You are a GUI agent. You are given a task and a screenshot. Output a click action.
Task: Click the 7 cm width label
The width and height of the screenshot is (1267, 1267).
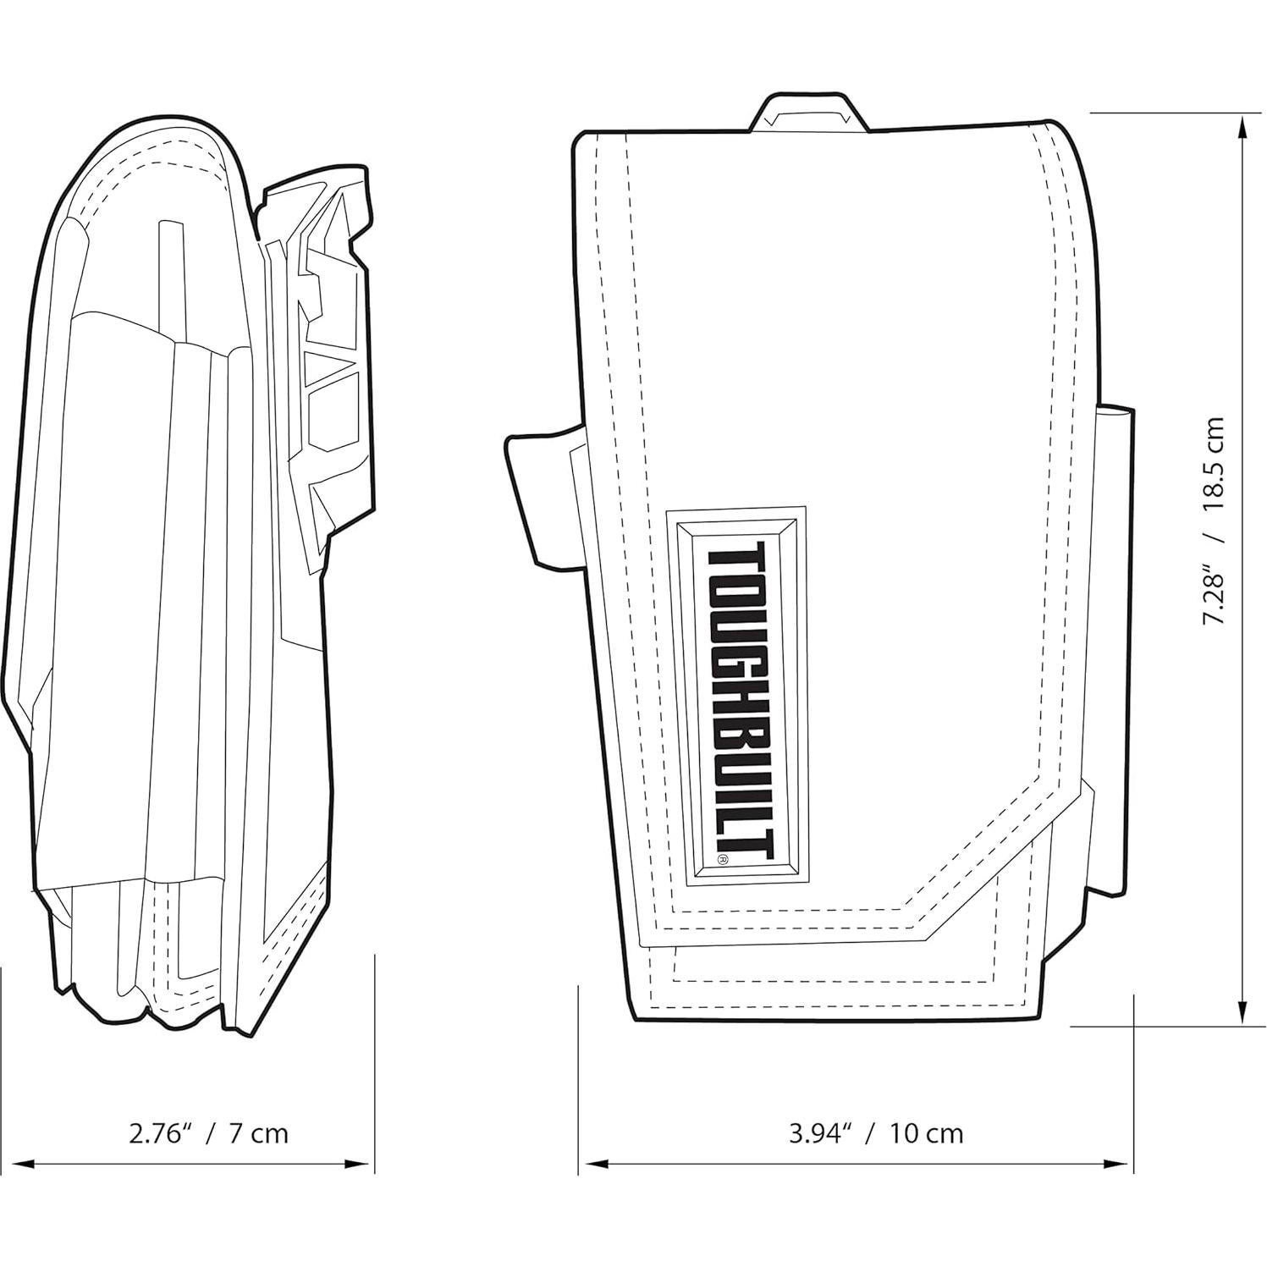[258, 1133]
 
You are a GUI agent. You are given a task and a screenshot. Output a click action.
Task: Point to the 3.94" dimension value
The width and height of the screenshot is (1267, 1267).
[819, 1133]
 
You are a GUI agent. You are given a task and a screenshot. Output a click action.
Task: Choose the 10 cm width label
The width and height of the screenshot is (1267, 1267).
[926, 1133]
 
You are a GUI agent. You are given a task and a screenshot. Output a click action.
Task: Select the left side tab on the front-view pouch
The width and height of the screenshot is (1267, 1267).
[538, 499]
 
